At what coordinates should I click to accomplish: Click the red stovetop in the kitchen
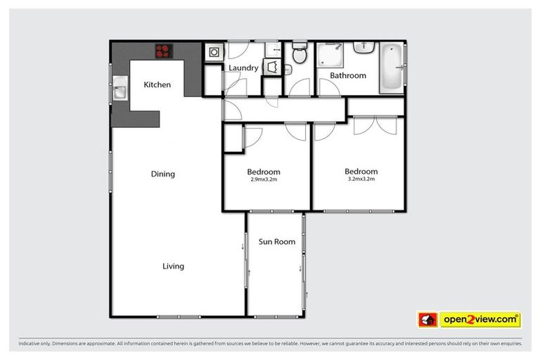pyautogui.click(x=164, y=50)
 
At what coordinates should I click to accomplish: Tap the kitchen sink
pyautogui.click(x=119, y=91)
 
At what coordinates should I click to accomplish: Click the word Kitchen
pyautogui.click(x=157, y=85)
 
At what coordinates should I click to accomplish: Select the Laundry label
pyautogui.click(x=243, y=68)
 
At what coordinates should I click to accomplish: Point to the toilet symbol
pyautogui.click(x=299, y=53)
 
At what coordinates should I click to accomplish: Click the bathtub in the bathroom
pyautogui.click(x=391, y=67)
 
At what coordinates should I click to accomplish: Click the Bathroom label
pyautogui.click(x=349, y=75)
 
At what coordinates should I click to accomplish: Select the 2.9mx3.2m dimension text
pyautogui.click(x=264, y=179)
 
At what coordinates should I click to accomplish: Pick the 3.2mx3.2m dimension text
pyautogui.click(x=361, y=179)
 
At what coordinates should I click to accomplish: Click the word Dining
pyautogui.click(x=162, y=174)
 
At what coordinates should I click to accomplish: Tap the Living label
pyautogui.click(x=173, y=266)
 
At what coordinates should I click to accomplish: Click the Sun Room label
pyautogui.click(x=276, y=242)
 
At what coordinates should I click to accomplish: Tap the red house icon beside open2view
pyautogui.click(x=427, y=319)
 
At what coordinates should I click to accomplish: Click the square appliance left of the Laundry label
pyautogui.click(x=213, y=52)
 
